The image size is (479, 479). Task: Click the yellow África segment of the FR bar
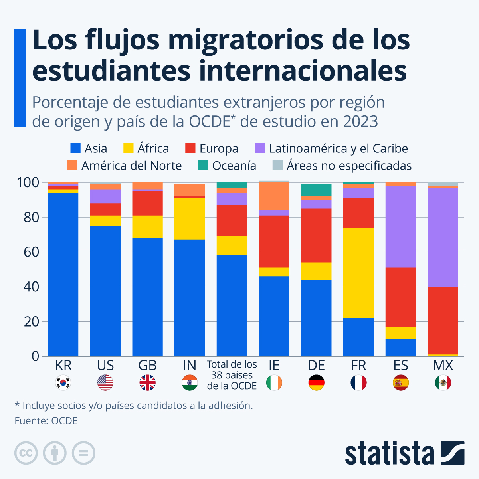358,273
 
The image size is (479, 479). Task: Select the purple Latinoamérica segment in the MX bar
443,237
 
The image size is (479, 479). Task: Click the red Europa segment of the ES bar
400,297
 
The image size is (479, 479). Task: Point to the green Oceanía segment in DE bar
316,190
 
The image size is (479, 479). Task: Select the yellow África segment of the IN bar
190,219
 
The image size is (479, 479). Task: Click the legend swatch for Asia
75,148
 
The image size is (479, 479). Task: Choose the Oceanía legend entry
234,166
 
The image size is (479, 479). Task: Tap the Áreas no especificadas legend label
349,166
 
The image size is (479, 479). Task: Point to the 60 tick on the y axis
31,252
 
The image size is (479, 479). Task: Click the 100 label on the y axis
28,183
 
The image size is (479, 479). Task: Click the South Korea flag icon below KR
63,383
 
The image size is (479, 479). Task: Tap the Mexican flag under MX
443,383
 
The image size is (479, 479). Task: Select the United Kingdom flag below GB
147,383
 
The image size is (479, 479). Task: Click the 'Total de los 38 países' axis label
232,375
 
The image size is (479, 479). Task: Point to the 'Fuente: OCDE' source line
46,421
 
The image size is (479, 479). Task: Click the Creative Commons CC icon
26,453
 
